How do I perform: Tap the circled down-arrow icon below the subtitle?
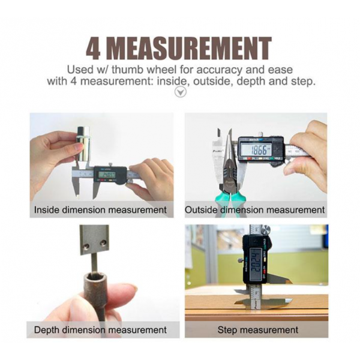180,92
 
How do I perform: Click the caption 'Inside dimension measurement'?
100,210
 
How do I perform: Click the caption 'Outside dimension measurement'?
255,210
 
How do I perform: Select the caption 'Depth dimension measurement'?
100,329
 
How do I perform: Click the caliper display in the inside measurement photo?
109,174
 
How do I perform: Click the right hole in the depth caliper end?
103,242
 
